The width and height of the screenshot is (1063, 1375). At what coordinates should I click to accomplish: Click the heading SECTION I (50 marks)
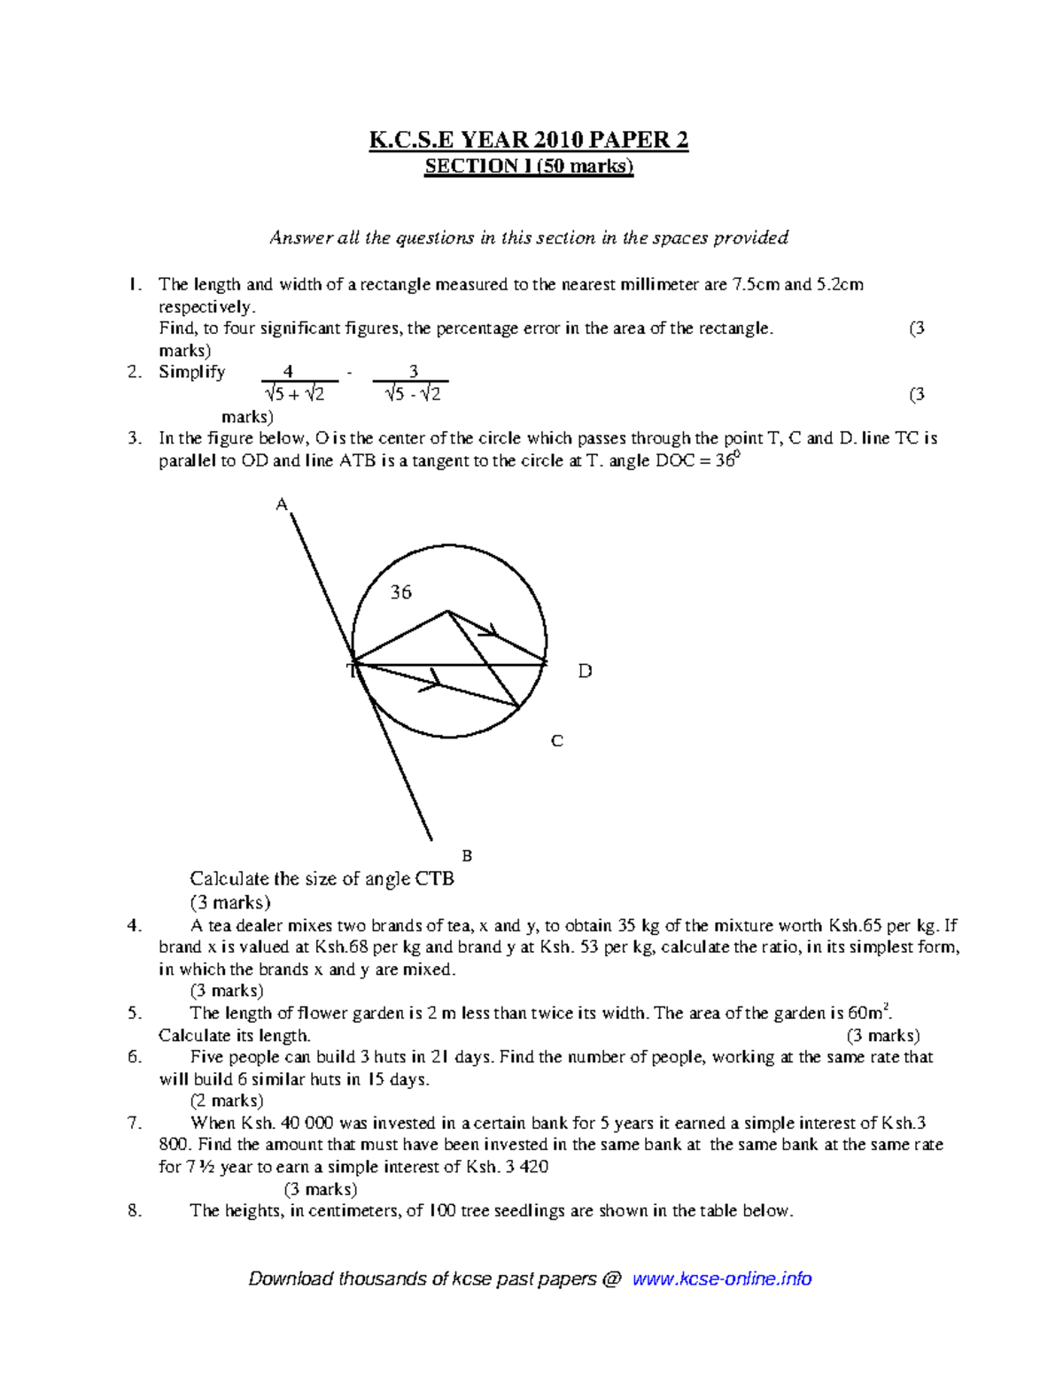[x=529, y=166]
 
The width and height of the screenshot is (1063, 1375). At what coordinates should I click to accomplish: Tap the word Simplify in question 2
[x=191, y=372]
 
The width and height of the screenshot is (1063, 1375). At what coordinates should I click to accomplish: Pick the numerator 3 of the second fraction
[x=413, y=372]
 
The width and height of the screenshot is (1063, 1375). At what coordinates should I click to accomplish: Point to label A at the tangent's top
[x=282, y=505]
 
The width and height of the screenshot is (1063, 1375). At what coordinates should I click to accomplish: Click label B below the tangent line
[x=467, y=855]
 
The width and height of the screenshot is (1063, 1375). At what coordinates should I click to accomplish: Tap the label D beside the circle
[x=585, y=671]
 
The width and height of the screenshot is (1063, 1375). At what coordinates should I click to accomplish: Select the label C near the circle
[x=557, y=741]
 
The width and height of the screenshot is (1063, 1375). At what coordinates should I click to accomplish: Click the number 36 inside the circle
[x=401, y=592]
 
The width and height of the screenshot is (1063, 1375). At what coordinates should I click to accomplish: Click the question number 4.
[x=134, y=926]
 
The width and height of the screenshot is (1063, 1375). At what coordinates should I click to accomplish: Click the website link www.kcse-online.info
[x=722, y=1278]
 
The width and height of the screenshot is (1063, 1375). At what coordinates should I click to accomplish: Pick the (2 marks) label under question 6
[x=227, y=1101]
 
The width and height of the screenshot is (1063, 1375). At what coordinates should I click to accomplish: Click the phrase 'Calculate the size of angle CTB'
[x=322, y=878]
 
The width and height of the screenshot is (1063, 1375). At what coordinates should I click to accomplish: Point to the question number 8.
[x=134, y=1210]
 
